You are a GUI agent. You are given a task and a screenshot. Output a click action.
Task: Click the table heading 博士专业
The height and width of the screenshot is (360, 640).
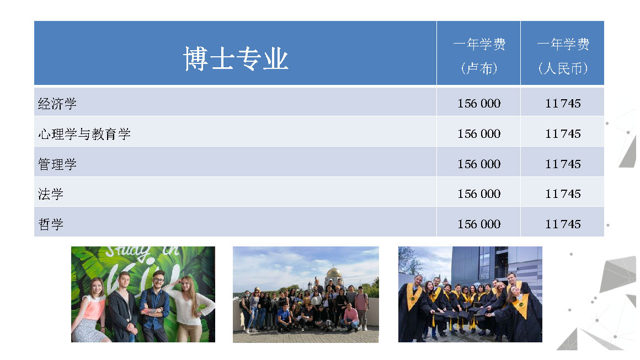236,58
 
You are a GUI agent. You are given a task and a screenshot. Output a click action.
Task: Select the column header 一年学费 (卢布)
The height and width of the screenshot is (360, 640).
479,56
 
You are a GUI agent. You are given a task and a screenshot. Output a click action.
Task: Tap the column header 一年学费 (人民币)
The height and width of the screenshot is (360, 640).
563,56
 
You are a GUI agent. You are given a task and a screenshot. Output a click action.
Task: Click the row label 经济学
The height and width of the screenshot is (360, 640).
57,104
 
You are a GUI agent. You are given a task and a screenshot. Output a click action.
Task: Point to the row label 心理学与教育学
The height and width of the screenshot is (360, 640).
84,134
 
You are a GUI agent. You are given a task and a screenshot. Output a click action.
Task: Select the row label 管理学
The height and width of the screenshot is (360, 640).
57,164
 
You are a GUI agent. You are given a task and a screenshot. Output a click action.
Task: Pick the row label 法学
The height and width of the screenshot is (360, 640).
51,194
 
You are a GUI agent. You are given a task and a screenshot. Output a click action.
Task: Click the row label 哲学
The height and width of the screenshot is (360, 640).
51,224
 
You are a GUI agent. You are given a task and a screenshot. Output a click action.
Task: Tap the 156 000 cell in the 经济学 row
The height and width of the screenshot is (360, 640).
479,104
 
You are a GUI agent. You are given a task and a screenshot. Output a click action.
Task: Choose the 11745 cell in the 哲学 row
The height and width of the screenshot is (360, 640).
563,224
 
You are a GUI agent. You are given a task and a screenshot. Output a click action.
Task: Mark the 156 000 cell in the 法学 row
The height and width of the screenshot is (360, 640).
479,194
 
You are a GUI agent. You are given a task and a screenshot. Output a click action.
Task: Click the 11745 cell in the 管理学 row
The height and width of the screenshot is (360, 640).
563,164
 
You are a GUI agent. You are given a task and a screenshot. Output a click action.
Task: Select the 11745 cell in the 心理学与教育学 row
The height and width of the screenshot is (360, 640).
563,134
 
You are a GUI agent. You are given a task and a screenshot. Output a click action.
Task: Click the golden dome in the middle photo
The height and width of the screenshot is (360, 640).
334,272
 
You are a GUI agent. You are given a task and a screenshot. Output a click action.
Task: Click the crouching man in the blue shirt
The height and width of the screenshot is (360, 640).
284,318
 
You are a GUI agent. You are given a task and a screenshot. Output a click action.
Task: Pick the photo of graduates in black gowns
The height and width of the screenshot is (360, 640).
470,294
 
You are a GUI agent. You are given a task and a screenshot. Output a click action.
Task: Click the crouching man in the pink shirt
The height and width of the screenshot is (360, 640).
350,317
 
